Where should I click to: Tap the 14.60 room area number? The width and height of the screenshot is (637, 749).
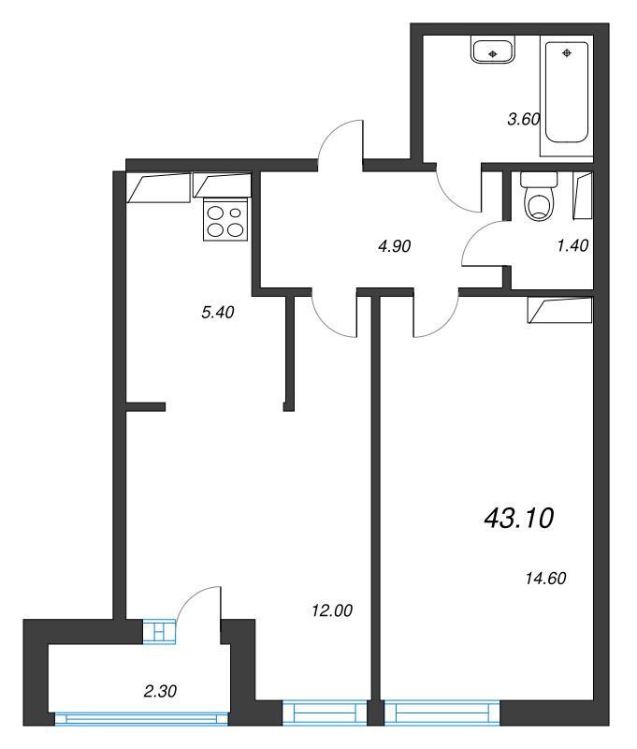click(547, 578)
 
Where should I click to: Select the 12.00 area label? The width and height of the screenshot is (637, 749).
click(331, 610)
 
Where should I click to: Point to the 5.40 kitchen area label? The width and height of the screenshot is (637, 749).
click(217, 313)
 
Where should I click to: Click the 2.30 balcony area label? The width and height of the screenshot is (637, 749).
click(161, 692)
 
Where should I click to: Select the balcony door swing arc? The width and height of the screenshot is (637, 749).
click(198, 603)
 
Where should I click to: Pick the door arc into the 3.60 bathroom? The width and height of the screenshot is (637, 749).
click(458, 188)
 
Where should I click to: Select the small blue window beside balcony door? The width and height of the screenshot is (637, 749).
click(159, 633)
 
